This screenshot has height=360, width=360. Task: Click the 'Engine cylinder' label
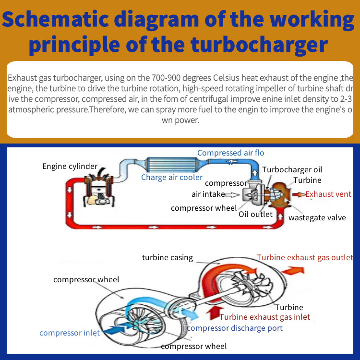tap(70, 167)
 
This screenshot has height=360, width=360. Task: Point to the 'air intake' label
tap(208, 194)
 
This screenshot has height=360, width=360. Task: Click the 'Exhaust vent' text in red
tap(328, 194)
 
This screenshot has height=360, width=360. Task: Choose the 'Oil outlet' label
tap(255, 214)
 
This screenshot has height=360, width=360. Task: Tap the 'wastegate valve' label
tap(317, 217)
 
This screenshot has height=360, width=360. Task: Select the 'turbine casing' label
tap(167, 257)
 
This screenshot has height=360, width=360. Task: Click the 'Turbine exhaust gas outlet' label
tap(305, 257)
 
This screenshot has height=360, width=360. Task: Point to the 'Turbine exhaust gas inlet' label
tap(264, 317)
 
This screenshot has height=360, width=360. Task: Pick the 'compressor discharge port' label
tap(235, 328)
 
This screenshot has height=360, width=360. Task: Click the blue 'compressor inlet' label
tap(70, 333)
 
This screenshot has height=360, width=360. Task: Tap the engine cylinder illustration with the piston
tap(98, 187)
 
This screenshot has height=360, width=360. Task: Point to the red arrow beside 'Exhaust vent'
tap(298, 194)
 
